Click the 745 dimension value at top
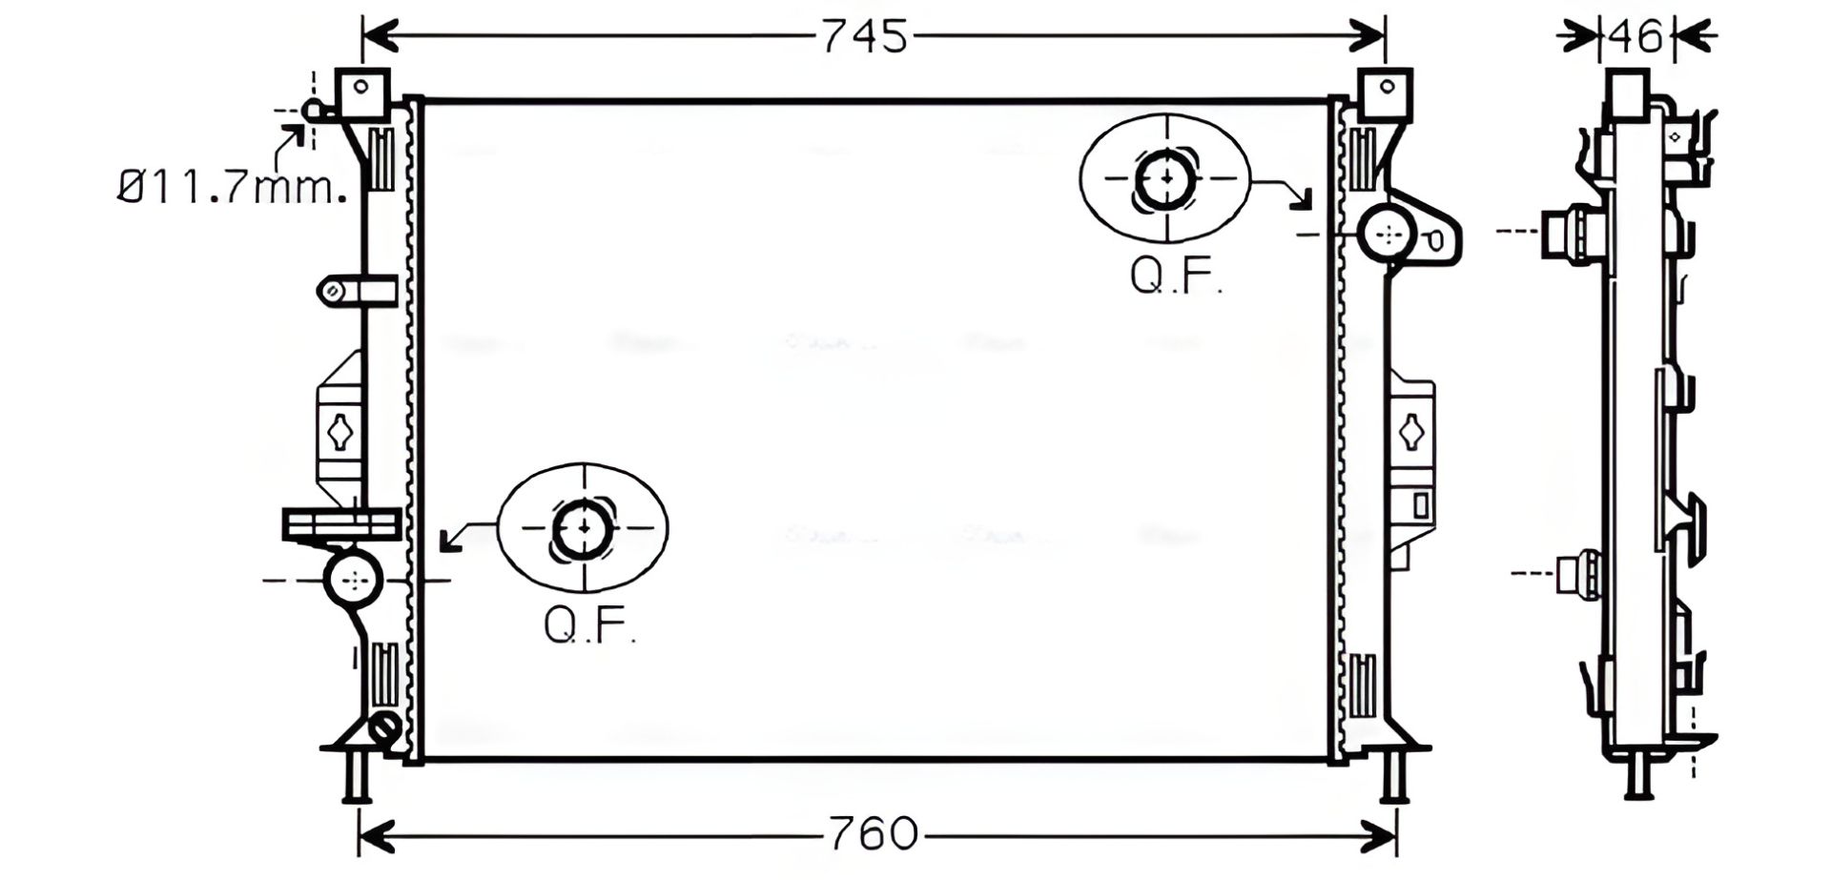click(865, 36)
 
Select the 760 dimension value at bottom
click(873, 833)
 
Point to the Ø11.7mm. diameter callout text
click(232, 188)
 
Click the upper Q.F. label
click(1175, 276)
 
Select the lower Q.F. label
click(589, 625)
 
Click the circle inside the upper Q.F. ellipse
click(1165, 178)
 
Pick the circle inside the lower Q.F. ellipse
click(583, 527)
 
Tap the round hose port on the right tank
click(1389, 233)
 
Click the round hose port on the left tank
click(354, 579)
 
